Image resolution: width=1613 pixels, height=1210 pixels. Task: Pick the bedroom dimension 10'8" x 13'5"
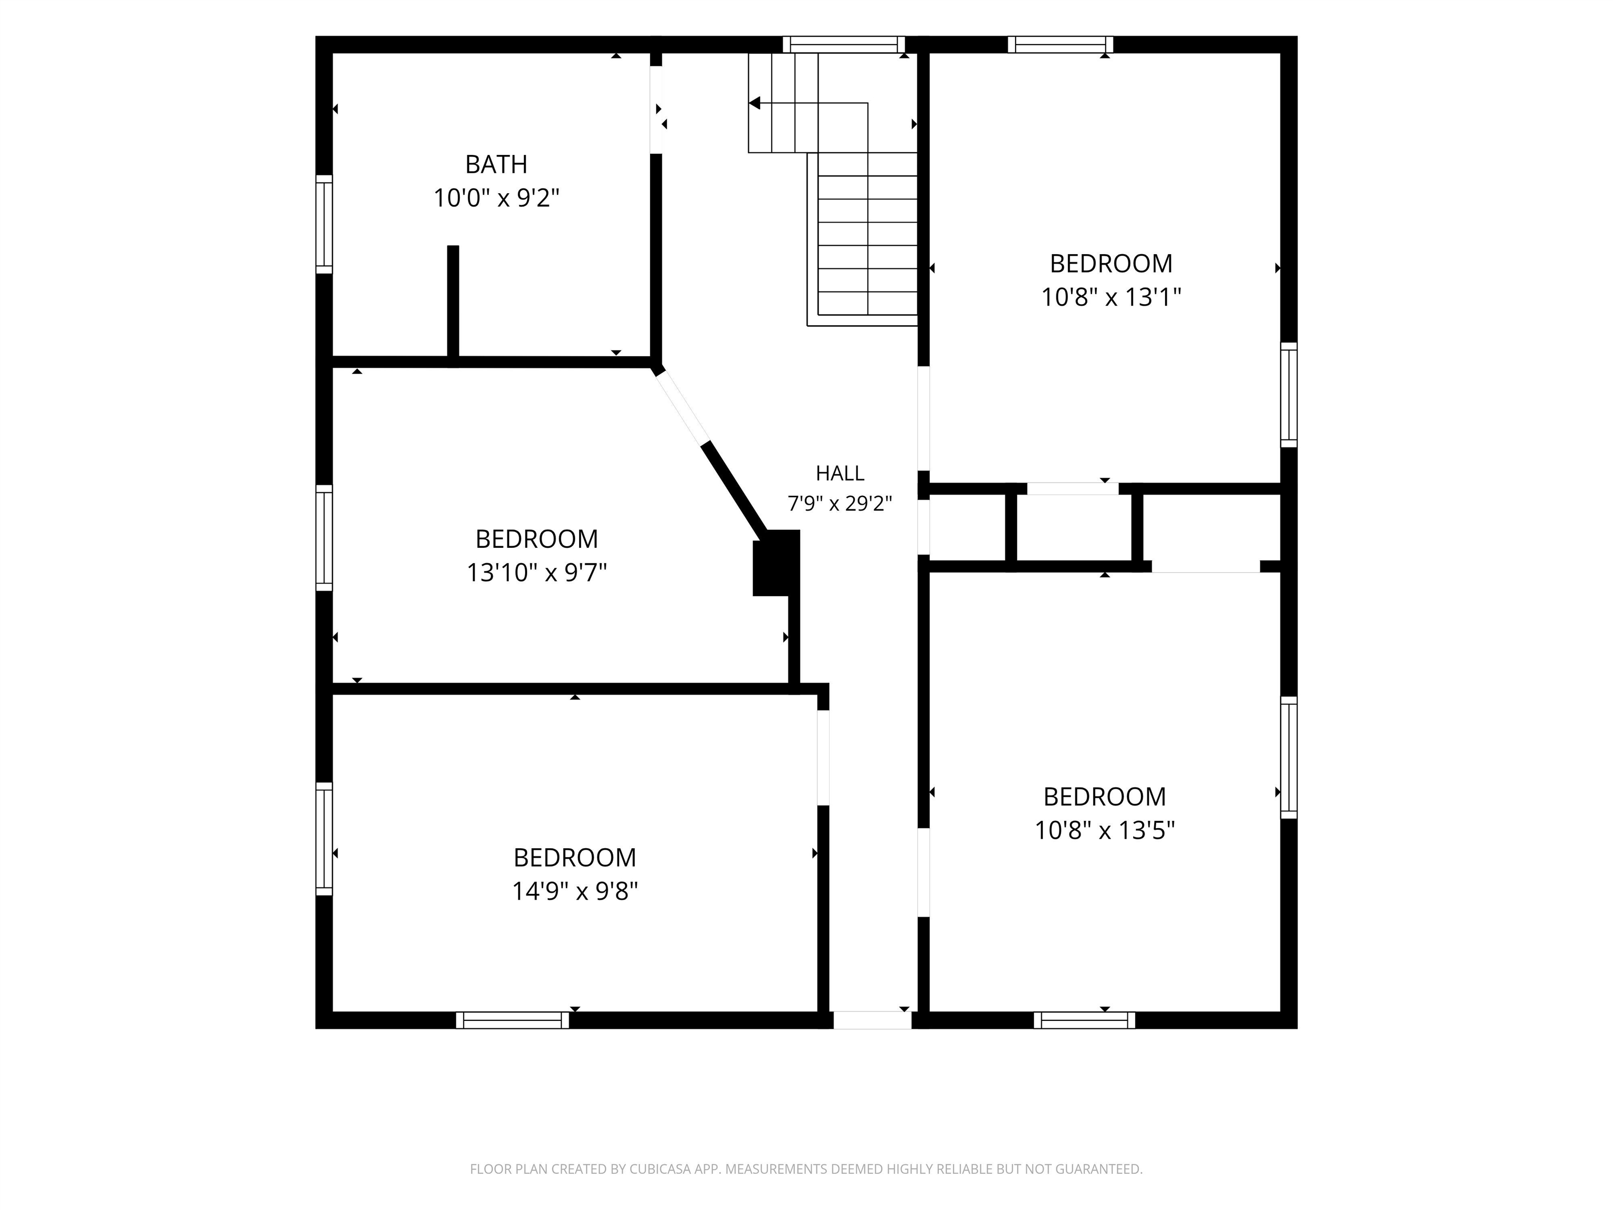tap(1104, 830)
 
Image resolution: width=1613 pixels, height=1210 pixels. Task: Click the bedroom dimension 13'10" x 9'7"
tap(537, 572)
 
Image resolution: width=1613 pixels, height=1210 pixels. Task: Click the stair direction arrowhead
tap(755, 103)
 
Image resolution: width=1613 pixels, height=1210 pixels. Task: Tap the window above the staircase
tap(844, 45)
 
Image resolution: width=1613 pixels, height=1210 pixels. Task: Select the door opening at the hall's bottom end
tap(872, 1020)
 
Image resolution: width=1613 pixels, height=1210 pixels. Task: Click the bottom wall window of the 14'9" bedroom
tap(512, 1020)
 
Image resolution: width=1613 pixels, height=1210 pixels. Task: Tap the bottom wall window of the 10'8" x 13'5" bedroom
tap(1084, 1020)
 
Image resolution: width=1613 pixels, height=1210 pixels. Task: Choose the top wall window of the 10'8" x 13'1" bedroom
tap(1061, 45)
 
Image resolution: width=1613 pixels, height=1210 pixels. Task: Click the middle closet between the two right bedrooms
tap(1073, 527)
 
